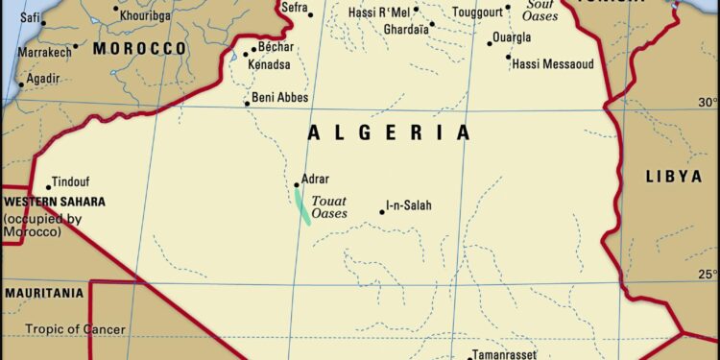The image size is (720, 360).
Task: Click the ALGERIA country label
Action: [x=389, y=132]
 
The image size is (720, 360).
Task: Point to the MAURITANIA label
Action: [x=44, y=291]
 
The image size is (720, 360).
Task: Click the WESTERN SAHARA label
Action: [x=54, y=203]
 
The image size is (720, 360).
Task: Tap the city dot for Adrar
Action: [x=297, y=185]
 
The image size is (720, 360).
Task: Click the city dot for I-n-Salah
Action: [x=381, y=211]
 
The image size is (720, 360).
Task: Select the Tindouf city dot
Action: [x=48, y=188]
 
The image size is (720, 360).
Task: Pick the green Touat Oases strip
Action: [x=302, y=207]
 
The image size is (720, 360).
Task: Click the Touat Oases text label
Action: [x=329, y=207]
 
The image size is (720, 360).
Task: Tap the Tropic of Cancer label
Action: [x=75, y=329]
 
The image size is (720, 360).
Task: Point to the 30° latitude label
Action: [x=708, y=102]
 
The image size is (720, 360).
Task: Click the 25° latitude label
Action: [x=708, y=275]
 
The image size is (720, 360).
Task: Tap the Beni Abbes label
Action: [x=279, y=97]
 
